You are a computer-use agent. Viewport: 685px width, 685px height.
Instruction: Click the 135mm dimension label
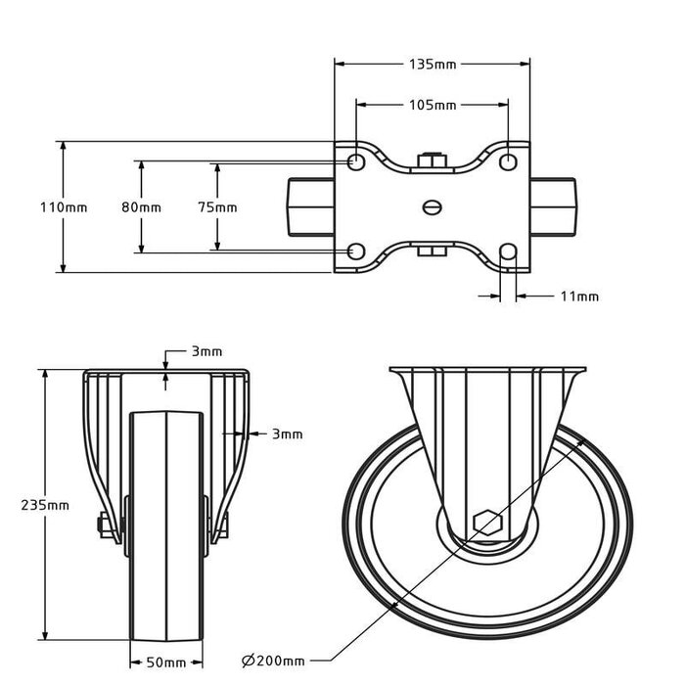(x=432, y=65)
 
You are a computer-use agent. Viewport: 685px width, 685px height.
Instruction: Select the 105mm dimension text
(x=432, y=105)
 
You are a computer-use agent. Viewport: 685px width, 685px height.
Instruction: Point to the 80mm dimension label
(x=142, y=207)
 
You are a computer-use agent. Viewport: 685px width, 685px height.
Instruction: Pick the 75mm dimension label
(x=217, y=207)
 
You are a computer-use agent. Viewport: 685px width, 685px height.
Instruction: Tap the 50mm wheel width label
(x=167, y=662)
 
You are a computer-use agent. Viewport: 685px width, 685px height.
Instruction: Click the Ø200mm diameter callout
(x=273, y=662)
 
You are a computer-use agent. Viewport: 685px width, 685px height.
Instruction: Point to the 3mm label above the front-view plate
(x=206, y=351)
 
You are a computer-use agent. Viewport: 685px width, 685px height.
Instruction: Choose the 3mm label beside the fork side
(x=287, y=434)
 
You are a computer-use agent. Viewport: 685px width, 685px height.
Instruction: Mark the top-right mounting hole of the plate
(x=508, y=160)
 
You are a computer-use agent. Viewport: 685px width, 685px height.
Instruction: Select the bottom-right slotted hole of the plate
(x=508, y=253)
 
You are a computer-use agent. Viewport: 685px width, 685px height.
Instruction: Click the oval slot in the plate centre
(x=432, y=206)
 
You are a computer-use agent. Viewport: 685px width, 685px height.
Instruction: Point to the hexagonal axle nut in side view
(x=486, y=523)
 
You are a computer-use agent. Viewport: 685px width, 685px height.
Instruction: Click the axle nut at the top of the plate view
(x=432, y=160)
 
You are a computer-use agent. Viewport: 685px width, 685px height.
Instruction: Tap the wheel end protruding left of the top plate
(x=310, y=206)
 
